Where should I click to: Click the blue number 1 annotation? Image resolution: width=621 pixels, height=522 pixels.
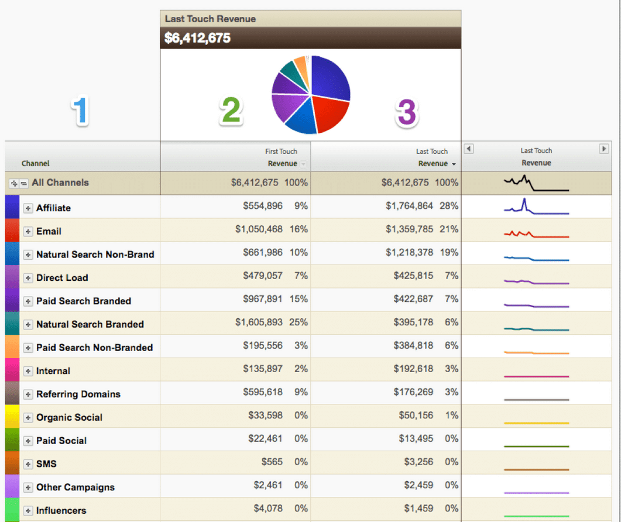(81, 111)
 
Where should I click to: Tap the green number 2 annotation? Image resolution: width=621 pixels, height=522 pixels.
(231, 111)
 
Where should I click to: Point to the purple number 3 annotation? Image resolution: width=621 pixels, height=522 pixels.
(407, 112)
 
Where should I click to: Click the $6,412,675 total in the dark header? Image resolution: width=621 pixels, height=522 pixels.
(197, 39)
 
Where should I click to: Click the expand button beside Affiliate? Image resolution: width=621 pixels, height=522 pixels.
(28, 208)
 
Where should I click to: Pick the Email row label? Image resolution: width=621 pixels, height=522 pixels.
(49, 231)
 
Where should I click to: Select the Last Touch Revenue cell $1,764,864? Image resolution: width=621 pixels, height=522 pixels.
(409, 206)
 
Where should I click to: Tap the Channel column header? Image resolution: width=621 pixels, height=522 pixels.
(36, 163)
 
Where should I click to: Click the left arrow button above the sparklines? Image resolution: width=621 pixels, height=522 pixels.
(469, 149)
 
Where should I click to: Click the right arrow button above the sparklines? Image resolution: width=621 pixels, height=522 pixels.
(604, 149)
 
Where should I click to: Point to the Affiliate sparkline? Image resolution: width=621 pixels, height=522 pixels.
(536, 207)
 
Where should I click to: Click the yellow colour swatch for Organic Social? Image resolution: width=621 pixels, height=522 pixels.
(12, 417)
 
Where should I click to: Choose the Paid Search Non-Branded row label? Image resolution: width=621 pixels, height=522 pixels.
(94, 348)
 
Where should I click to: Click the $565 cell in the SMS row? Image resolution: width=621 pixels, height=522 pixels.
(272, 462)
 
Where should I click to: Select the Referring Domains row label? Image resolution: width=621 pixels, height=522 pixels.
(78, 394)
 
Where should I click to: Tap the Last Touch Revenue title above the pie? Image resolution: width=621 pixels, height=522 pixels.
(210, 19)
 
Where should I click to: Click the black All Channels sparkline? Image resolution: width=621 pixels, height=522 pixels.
(536, 183)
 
